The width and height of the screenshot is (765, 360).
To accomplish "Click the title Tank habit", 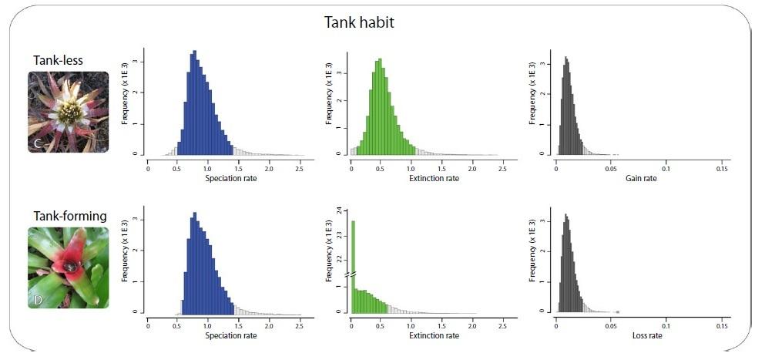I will (358, 22).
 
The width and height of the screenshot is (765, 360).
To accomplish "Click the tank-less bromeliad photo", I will (68, 112).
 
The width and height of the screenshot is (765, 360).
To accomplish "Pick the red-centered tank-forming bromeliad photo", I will (68, 267).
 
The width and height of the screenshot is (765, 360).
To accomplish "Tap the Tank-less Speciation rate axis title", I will (231, 178).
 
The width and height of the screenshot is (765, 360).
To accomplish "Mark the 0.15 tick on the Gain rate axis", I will (723, 168).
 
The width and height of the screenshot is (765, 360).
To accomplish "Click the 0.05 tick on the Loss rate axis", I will (612, 325).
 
